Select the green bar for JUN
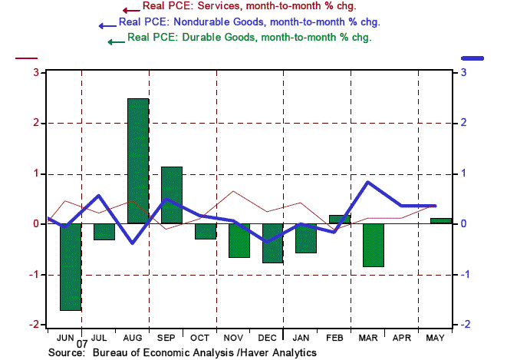(71, 267)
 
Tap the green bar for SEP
(172, 195)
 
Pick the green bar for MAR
(374, 245)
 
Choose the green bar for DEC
(272, 243)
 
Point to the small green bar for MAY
(441, 221)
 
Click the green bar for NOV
(239, 240)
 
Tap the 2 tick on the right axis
(463, 123)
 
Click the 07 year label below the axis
(81, 345)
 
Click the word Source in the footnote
(66, 352)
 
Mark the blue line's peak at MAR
(367, 182)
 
